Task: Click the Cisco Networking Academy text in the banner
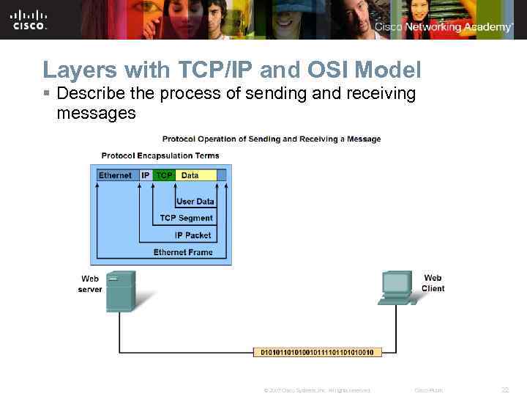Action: [444, 27]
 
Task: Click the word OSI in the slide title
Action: [327, 70]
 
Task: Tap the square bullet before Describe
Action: [47, 95]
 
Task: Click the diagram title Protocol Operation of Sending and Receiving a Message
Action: [271, 139]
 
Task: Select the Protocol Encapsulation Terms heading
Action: [160, 155]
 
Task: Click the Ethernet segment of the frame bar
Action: [115, 175]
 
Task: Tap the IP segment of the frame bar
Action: [145, 175]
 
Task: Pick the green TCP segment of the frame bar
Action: [164, 175]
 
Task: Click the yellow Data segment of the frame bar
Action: [196, 175]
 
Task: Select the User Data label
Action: [195, 202]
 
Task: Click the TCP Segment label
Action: [187, 218]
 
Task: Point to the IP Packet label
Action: [193, 235]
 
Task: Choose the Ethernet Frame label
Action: [183, 252]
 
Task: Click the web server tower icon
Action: [120, 291]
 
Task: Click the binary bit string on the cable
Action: [317, 353]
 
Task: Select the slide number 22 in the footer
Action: [504, 389]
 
